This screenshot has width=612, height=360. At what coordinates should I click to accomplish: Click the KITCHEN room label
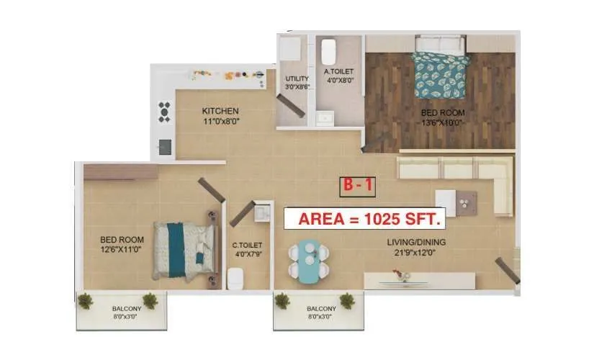click(220, 111)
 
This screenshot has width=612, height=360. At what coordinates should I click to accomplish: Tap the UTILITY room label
click(297, 78)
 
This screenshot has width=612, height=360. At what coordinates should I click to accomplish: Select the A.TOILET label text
click(337, 72)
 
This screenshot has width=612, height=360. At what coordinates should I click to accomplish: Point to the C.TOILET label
click(246, 246)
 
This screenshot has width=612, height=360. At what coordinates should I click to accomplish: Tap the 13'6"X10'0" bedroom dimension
click(442, 123)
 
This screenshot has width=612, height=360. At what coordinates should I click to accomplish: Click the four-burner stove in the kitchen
click(165, 112)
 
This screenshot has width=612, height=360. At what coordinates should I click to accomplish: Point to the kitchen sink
click(165, 146)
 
